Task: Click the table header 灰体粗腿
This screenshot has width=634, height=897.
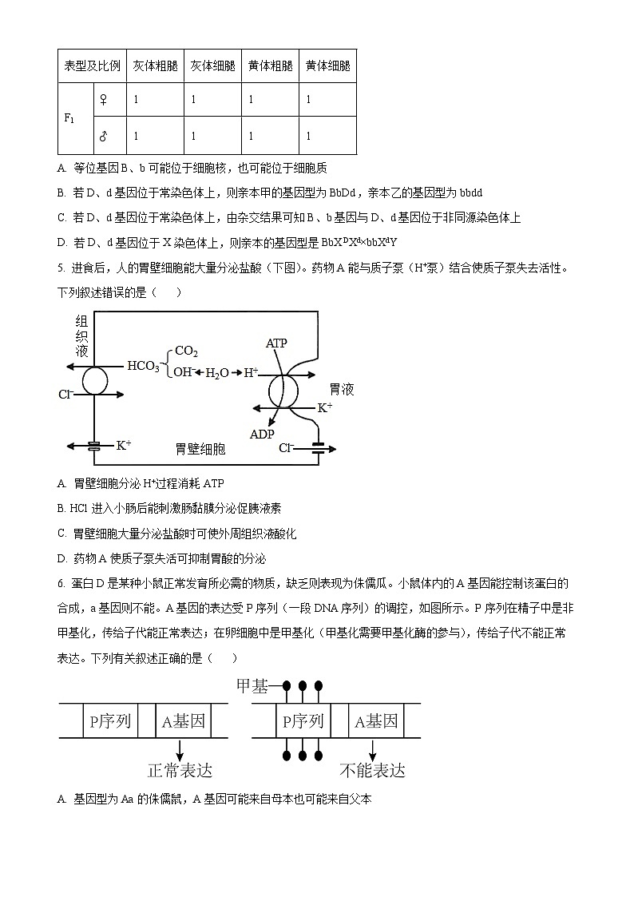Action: click(155, 65)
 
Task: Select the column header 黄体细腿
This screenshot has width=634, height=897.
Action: click(327, 65)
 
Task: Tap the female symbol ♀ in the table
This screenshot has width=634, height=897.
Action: click(102, 100)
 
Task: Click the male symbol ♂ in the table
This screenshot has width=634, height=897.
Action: click(102, 136)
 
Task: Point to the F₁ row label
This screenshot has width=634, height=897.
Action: click(69, 118)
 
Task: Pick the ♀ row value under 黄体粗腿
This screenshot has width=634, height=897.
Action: click(251, 100)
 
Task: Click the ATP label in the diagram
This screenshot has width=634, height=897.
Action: click(276, 343)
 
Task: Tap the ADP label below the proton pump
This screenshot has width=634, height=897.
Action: click(262, 434)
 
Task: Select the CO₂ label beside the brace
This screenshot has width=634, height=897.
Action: click(186, 351)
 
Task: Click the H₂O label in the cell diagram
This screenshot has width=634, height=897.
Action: click(218, 373)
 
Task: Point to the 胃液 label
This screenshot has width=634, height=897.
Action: click(341, 390)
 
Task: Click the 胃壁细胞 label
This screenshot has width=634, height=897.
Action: click(200, 449)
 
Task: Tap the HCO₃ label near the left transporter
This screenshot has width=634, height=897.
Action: click(143, 367)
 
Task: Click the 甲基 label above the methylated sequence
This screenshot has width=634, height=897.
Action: click(252, 686)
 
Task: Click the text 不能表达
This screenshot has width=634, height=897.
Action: click(372, 770)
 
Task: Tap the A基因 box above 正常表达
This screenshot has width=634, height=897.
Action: click(183, 721)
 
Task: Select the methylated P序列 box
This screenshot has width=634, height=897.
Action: click(303, 721)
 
